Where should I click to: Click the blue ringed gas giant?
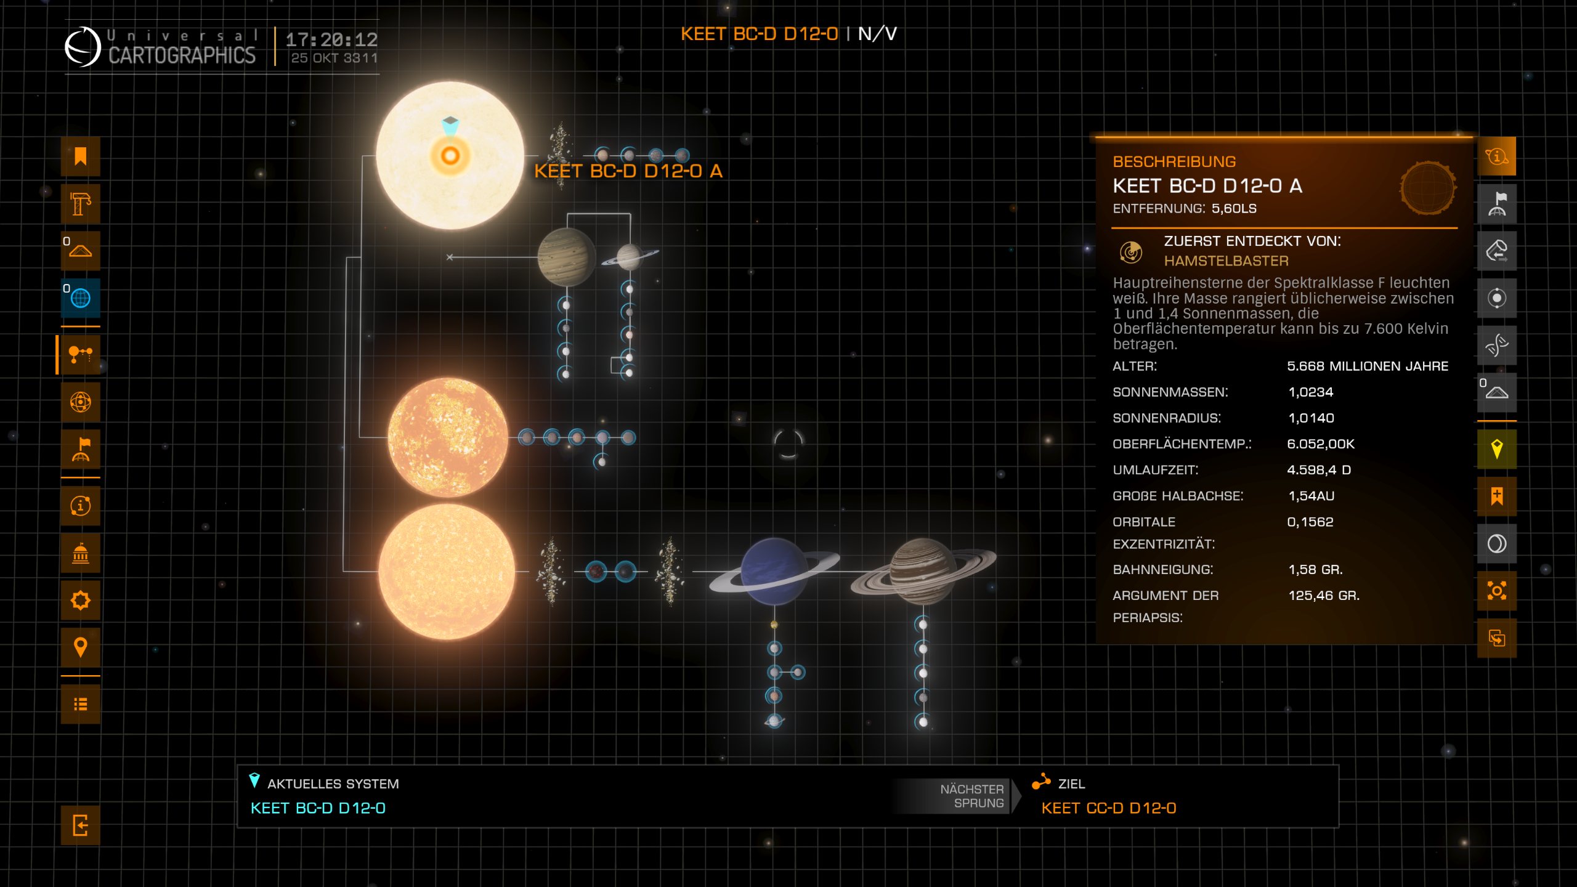point(774,571)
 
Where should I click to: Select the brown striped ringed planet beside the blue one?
point(922,571)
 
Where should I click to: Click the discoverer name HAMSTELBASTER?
point(1226,261)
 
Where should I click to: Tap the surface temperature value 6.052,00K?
point(1321,444)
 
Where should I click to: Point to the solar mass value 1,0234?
point(1310,392)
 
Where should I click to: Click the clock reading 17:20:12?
point(331,40)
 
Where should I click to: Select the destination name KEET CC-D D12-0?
point(1108,808)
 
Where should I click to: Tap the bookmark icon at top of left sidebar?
point(80,156)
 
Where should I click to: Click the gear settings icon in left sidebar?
point(80,600)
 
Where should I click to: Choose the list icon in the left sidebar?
point(80,704)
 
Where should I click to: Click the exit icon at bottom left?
point(80,825)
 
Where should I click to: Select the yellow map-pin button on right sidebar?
point(1496,449)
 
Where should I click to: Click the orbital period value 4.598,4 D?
point(1318,470)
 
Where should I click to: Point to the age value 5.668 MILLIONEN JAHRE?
point(1367,367)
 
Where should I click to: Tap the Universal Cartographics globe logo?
point(83,46)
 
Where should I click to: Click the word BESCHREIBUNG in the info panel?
point(1174,162)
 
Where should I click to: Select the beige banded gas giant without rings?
point(566,257)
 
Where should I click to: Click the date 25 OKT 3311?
point(334,59)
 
